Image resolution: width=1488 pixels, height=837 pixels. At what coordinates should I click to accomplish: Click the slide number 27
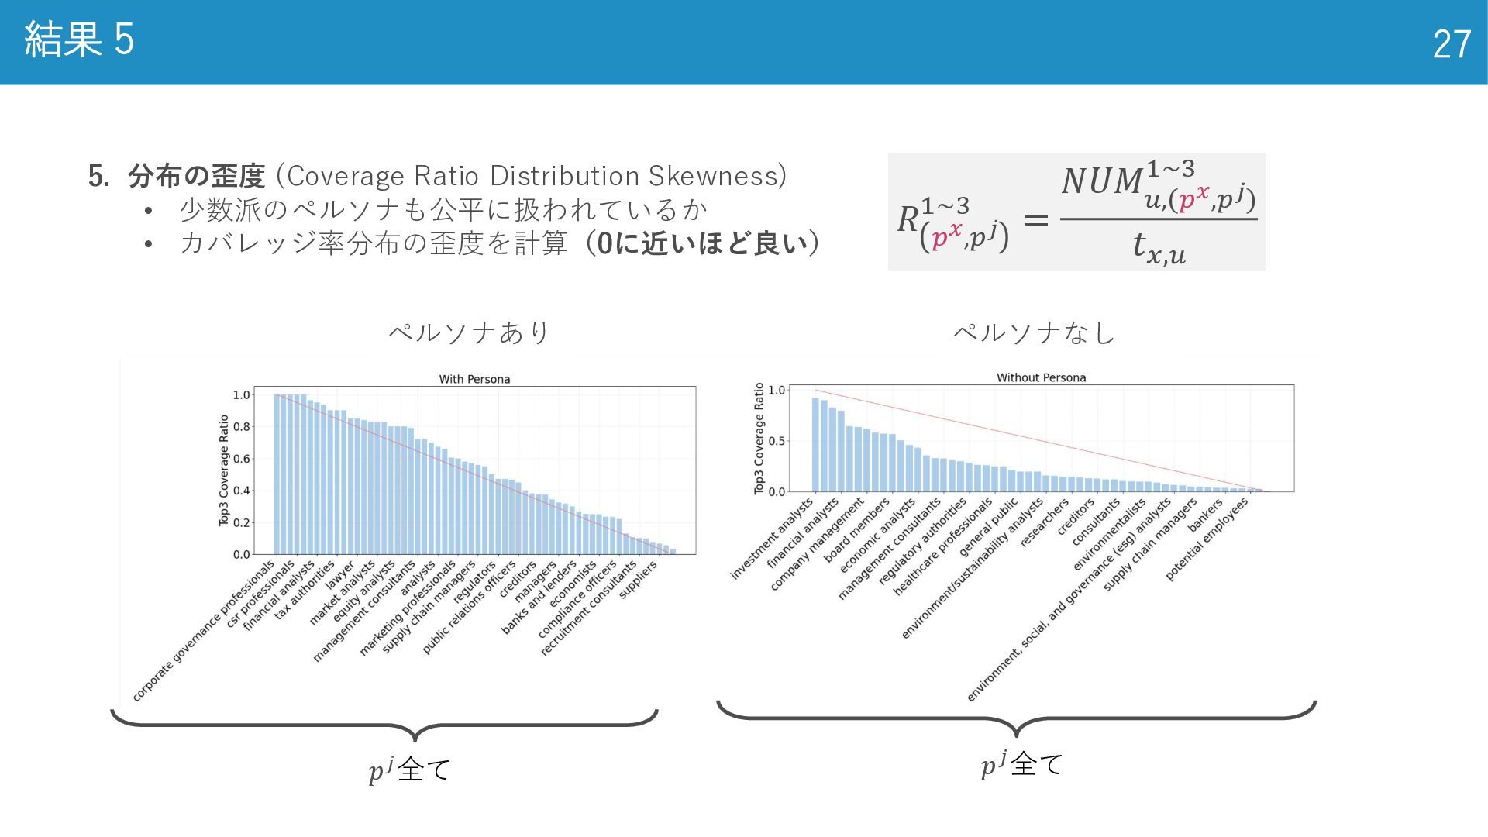[x=1451, y=44]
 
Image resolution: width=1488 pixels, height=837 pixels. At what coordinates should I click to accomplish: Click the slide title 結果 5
[x=79, y=40]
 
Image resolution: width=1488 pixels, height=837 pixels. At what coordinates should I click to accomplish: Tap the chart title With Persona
[x=474, y=379]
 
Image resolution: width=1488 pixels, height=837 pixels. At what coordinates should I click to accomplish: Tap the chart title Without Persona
[x=1041, y=377]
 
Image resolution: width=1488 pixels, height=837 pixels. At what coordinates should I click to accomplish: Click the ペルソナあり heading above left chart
[x=469, y=332]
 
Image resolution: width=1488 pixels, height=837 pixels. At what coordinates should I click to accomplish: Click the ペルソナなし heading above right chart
[x=1034, y=332]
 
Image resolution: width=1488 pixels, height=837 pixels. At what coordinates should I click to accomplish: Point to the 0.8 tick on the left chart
[x=242, y=427]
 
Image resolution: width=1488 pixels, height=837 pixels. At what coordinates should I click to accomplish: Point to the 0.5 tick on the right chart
[x=776, y=441]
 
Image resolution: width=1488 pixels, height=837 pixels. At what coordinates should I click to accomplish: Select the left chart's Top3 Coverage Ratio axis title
[x=224, y=470]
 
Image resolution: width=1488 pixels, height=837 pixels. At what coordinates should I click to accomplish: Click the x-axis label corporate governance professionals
[x=204, y=631]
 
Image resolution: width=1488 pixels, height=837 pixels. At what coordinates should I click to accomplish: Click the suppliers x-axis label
[x=639, y=579]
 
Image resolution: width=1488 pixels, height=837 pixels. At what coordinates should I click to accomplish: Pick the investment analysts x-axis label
[x=772, y=539]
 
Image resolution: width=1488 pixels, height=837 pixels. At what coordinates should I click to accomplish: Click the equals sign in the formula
[x=1036, y=220]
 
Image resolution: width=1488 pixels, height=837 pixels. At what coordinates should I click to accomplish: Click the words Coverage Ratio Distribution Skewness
[x=536, y=176]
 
